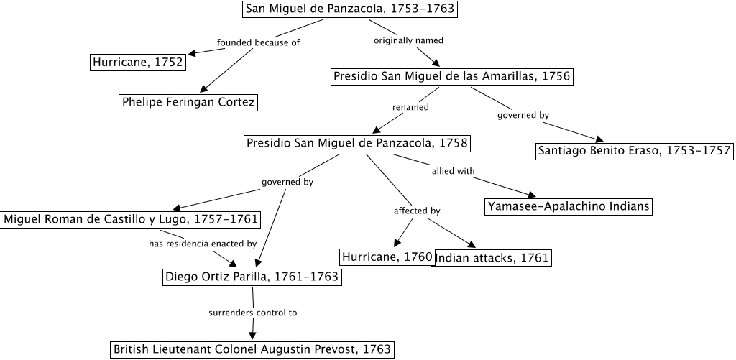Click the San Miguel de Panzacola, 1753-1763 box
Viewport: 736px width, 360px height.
pos(350,9)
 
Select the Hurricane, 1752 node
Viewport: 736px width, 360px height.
pos(137,63)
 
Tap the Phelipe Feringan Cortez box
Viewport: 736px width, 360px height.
pos(188,102)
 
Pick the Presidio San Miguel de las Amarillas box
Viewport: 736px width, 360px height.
pos(452,76)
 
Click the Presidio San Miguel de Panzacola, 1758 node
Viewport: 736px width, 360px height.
pos(357,144)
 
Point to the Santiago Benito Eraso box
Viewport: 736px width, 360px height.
pos(634,151)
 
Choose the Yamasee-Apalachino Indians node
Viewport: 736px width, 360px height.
pos(569,207)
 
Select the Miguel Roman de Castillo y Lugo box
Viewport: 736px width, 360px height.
pos(130,218)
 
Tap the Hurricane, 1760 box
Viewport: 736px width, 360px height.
pos(387,257)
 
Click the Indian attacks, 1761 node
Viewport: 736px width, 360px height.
pos(493,258)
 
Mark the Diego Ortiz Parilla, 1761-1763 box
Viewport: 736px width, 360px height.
pos(252,277)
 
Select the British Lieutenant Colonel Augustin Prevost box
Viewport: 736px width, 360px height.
pos(252,350)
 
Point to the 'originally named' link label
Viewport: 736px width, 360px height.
pos(408,40)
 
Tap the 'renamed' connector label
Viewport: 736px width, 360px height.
pos(410,107)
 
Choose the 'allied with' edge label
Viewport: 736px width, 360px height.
pos(453,171)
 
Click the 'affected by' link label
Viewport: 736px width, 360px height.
pos(417,211)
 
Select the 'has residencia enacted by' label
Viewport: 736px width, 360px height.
pos(203,244)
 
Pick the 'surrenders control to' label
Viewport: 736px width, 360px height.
pos(252,313)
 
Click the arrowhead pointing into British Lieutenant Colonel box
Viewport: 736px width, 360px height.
pos(252,335)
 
